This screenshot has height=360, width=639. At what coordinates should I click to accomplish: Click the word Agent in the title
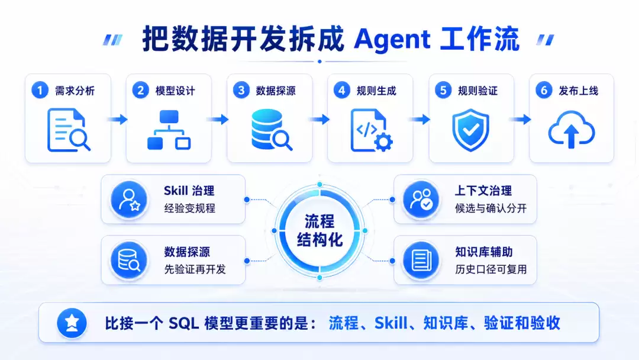pyautogui.click(x=392, y=40)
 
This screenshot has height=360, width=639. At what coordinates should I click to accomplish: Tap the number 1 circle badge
pyautogui.click(x=40, y=90)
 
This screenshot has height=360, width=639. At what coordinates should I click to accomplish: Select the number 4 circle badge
pyautogui.click(x=342, y=90)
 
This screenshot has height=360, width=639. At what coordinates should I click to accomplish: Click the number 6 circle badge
pyautogui.click(x=544, y=90)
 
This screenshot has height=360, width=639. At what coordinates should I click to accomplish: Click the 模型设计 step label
pyautogui.click(x=175, y=91)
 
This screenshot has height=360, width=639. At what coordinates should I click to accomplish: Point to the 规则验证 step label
pyautogui.click(x=477, y=91)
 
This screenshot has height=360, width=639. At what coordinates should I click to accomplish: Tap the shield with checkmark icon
pyautogui.click(x=471, y=130)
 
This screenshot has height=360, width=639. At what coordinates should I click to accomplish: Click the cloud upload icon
pyautogui.click(x=572, y=129)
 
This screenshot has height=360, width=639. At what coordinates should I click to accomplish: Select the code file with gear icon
pyautogui.click(x=372, y=130)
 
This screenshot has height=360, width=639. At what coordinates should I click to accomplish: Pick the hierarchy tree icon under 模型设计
pyautogui.click(x=169, y=130)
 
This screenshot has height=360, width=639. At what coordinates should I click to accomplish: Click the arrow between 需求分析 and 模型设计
pyautogui.click(x=118, y=120)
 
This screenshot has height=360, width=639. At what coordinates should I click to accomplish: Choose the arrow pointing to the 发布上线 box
pyautogui.click(x=521, y=120)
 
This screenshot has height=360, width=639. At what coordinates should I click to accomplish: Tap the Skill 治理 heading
pyautogui.click(x=189, y=191)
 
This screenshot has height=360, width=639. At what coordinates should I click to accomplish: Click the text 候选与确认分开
pyautogui.click(x=490, y=208)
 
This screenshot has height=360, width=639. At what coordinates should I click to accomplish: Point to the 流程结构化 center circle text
pyautogui.click(x=319, y=231)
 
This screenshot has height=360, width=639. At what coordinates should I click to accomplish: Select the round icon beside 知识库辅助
pyautogui.click(x=421, y=260)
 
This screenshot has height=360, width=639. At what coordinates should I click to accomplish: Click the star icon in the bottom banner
pyautogui.click(x=72, y=323)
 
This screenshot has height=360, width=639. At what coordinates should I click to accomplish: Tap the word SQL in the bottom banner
pyautogui.click(x=184, y=323)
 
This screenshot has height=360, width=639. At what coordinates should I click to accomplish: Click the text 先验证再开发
pyautogui.click(x=195, y=269)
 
